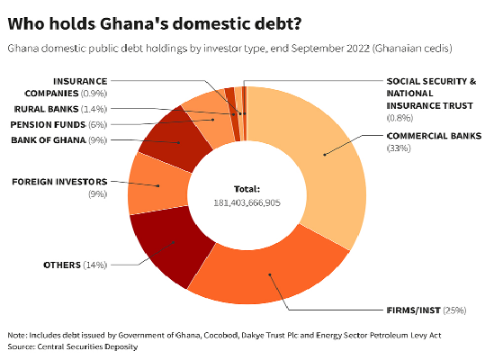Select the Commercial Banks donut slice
click(x=324, y=166)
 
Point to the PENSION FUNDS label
click(x=52, y=123)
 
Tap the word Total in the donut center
click(x=247, y=189)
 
